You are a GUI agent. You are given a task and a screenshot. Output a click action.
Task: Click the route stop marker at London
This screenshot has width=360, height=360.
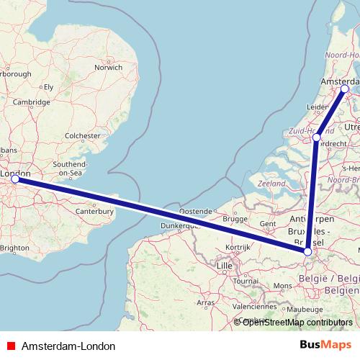(x=14, y=179)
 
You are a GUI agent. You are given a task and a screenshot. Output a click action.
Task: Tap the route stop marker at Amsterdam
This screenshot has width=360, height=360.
(x=345, y=89)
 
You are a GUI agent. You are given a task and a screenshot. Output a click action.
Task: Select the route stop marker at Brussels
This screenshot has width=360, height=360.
(x=307, y=251)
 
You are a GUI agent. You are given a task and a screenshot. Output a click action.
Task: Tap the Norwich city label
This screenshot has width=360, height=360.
(x=108, y=68)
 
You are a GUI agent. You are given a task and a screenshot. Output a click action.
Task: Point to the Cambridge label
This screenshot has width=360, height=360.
(x=30, y=102)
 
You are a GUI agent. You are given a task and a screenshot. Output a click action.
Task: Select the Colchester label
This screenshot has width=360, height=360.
(x=82, y=135)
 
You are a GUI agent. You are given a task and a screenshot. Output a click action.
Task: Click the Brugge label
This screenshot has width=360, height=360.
(x=235, y=219)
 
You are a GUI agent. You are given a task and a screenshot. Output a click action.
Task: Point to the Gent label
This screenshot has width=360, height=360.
(x=268, y=224)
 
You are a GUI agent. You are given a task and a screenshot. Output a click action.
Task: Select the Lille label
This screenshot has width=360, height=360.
(x=225, y=266)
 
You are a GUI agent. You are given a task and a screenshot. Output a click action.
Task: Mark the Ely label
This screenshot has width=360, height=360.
(x=49, y=86)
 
